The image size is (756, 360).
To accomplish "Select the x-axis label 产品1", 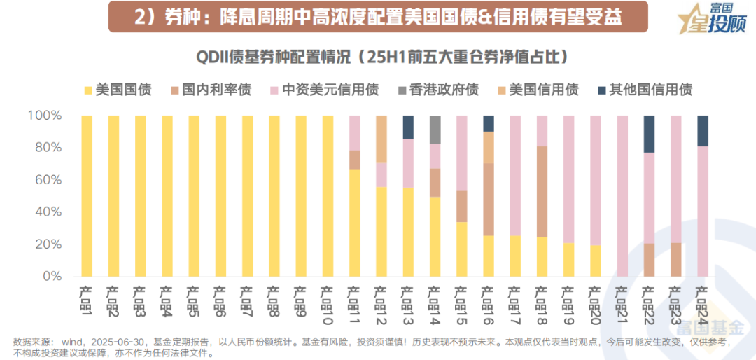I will (87, 297).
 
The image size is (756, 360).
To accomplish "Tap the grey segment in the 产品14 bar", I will (435, 130).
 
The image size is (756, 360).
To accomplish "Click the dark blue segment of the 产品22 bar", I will (650, 134).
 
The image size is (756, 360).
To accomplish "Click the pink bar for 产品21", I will (622, 196).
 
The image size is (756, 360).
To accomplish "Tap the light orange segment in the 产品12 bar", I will (381, 139).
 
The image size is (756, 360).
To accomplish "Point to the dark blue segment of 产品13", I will (408, 127).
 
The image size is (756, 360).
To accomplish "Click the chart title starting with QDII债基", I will (378, 55).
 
